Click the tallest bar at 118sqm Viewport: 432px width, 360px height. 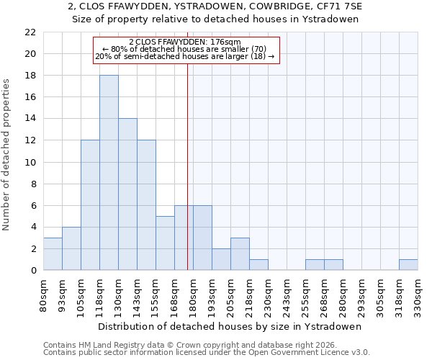point(109,173)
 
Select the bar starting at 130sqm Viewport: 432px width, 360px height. point(127,194)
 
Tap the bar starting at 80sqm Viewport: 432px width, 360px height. point(53,254)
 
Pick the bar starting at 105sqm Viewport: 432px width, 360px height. point(90,205)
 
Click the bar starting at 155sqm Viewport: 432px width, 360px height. point(165,243)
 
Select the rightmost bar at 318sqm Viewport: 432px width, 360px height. point(408,265)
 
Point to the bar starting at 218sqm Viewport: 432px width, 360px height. point(258,265)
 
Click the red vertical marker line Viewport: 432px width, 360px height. point(187,166)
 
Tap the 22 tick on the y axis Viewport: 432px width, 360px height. point(30,32)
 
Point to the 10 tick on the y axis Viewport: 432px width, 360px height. point(30,162)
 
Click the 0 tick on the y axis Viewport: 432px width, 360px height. point(33,271)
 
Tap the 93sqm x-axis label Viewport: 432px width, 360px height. point(62,294)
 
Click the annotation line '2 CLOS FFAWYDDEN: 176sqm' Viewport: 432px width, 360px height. point(185,42)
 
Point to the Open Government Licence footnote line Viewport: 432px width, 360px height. point(207,353)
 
